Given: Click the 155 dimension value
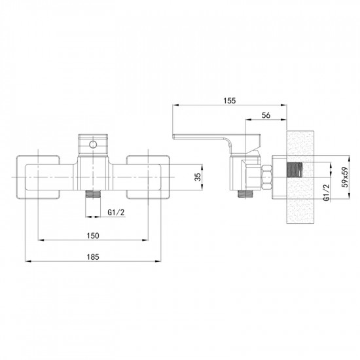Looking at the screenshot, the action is (230, 101).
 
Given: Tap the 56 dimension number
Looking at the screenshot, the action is (266, 115).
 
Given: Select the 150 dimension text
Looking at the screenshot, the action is (93, 236).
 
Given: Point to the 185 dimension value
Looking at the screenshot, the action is (93, 257).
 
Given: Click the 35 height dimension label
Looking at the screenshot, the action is (198, 177).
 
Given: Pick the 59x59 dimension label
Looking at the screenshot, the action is (345, 177).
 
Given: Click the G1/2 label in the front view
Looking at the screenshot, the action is (116, 212).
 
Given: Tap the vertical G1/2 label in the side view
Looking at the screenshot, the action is (326, 192).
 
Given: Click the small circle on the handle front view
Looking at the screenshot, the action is (93, 145).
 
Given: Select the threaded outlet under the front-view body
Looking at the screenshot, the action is (93, 194).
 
